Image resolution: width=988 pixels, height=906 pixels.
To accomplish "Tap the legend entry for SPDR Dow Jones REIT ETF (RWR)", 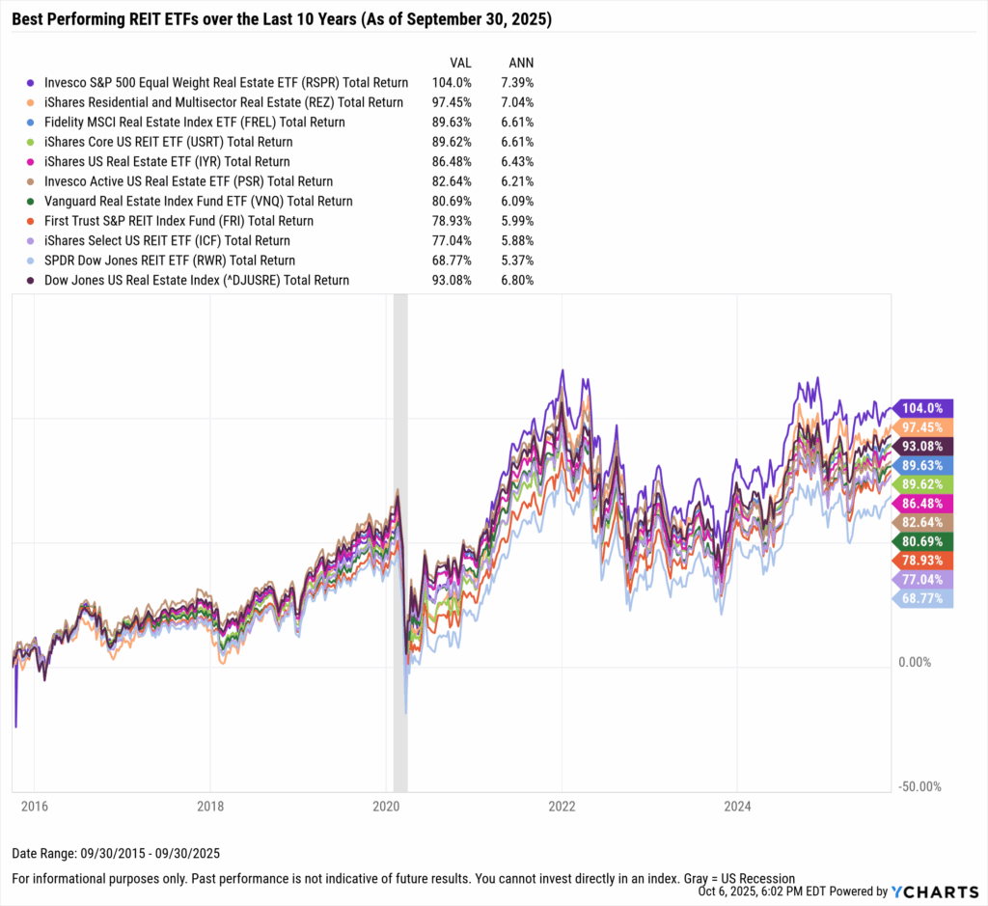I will coord(170,261).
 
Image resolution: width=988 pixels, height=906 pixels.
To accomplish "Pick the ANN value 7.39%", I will coord(515,83).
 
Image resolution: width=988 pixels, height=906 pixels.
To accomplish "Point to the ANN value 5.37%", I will coord(515,261).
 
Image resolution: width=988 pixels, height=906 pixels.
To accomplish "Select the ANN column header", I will coord(520,63).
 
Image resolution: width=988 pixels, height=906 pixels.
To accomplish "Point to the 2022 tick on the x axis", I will coord(562,805).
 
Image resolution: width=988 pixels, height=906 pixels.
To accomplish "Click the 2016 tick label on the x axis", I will coord(34,805).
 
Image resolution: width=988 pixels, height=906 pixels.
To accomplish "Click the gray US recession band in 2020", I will coord(400,540).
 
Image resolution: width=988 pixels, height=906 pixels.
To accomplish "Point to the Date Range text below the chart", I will coord(117,853).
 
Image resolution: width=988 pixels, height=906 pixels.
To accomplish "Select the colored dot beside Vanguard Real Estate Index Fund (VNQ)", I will coord(32,202).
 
